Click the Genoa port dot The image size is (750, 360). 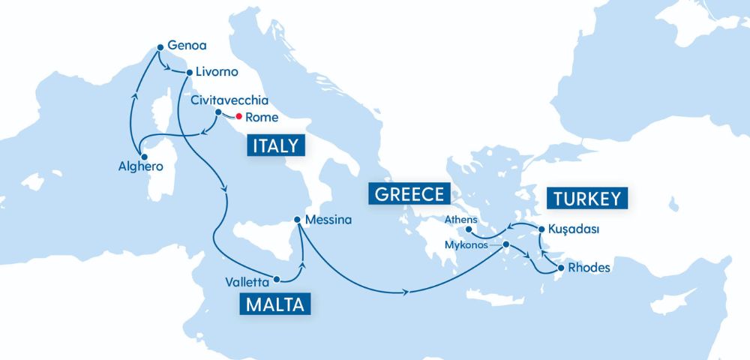[x=160, y=47]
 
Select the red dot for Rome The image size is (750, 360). [x=238, y=117]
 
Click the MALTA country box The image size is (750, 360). [x=274, y=304]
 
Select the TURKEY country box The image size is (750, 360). [x=588, y=198]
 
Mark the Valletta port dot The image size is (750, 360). [x=277, y=279]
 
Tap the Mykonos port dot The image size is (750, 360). [x=505, y=244]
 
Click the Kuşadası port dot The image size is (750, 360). [x=541, y=227]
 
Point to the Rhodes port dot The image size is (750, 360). [x=560, y=267]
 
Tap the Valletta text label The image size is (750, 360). [x=246, y=283]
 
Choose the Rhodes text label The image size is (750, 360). [x=589, y=268]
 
